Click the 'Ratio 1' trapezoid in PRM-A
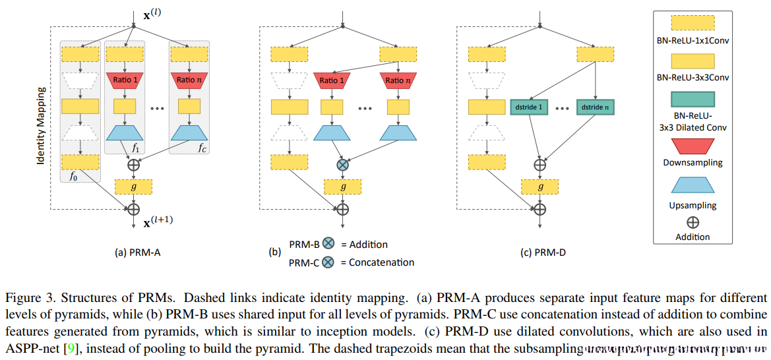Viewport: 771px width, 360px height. [124, 80]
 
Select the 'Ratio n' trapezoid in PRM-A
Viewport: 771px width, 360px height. [189, 80]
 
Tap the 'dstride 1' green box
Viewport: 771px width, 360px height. [530, 106]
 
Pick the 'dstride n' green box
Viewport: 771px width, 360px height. [595, 106]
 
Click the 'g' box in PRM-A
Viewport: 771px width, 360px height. [133, 187]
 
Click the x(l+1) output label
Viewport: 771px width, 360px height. [158, 224]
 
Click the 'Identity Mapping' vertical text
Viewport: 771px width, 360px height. [42, 125]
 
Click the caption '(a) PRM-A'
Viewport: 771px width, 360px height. [134, 252]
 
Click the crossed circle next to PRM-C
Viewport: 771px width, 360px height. [328, 262]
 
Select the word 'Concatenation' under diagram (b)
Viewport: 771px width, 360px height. [383, 262]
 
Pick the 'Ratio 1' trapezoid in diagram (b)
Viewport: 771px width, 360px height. [332, 80]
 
